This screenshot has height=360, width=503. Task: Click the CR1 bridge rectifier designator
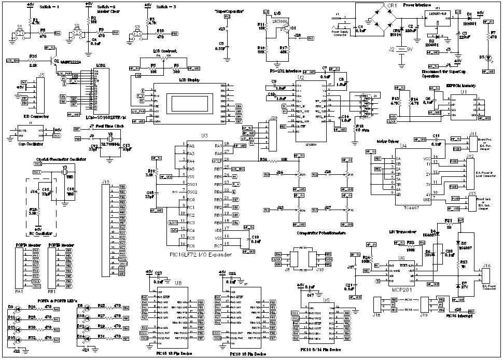(x=392, y=5)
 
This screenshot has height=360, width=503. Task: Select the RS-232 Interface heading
(x=286, y=71)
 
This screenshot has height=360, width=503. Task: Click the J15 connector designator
(x=106, y=182)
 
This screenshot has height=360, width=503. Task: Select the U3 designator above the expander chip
(x=204, y=135)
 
